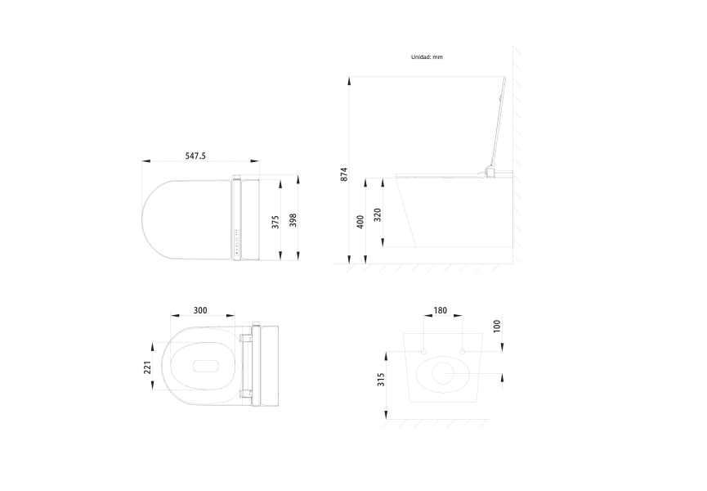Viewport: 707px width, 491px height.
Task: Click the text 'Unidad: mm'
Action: pos(427,57)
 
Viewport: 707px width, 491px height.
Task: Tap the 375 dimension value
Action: pos(275,221)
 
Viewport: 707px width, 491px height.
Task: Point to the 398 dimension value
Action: pos(293,221)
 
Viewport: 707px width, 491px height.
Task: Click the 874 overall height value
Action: pos(344,173)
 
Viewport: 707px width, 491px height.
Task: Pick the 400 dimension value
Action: pos(360,222)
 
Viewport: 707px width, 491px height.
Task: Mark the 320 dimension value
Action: pos(378,214)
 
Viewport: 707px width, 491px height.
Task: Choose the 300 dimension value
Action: pos(199,310)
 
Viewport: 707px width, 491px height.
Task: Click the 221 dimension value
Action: pos(147,369)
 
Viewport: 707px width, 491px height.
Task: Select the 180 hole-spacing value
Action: pos(441,310)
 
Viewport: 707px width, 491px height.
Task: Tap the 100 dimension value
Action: pos(496,326)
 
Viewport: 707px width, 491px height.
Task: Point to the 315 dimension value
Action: pos(382,381)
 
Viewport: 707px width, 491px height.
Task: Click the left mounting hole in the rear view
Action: pos(424,351)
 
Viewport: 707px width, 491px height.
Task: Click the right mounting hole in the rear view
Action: pos(463,351)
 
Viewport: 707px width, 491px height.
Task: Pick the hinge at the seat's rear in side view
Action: pos(490,171)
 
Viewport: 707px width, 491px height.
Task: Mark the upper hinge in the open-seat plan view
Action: pos(246,336)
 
